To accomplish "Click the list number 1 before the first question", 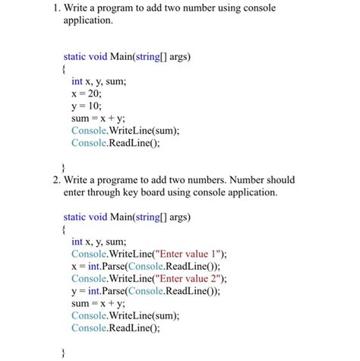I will pyautogui.click(x=55, y=8).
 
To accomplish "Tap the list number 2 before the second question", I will pyautogui.click(x=55, y=181).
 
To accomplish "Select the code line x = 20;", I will pyautogui.click(x=87, y=93).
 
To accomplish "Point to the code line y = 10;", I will pyautogui.click(x=87, y=106).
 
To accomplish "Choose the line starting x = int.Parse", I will pyautogui.click(x=145, y=266).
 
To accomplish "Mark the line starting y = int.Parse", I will pyautogui.click(x=145, y=290).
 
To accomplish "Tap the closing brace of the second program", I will pyautogui.click(x=65, y=352).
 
